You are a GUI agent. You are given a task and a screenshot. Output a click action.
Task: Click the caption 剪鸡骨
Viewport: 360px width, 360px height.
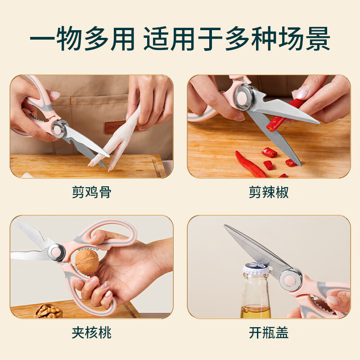pyautogui.click(x=91, y=192)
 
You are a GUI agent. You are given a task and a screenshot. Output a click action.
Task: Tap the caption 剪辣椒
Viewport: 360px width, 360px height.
pyautogui.click(x=269, y=192)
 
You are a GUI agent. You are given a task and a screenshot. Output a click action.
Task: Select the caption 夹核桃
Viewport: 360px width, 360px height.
pyautogui.click(x=91, y=333)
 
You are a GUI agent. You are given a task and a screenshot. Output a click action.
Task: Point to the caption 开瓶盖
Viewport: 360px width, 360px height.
pyautogui.click(x=269, y=333)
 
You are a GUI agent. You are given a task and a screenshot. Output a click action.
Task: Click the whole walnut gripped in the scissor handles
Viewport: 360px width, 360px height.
pyautogui.click(x=87, y=262)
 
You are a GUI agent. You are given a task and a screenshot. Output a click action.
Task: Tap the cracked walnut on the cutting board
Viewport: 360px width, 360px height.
pyautogui.click(x=49, y=311)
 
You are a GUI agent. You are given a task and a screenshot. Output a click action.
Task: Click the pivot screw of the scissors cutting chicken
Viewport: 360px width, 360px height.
pyautogui.click(x=59, y=129)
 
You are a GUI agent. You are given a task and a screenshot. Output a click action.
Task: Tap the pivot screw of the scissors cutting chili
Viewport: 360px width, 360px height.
pyautogui.click(x=243, y=97)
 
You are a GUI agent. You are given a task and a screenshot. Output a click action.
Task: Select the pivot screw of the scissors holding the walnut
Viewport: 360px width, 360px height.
pyautogui.click(x=56, y=252)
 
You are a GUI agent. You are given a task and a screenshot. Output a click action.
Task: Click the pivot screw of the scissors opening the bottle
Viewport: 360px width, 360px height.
pyautogui.click(x=290, y=280)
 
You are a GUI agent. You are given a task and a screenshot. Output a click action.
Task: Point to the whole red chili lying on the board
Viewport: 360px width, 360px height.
pyautogui.click(x=250, y=164)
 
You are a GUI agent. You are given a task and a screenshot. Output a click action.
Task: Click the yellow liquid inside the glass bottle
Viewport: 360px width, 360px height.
pyautogui.click(x=256, y=312)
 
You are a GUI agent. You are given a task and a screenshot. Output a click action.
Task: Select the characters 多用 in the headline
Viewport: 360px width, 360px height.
pyautogui.click(x=109, y=39)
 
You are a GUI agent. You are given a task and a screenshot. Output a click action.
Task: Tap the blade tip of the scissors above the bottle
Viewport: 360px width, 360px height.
pyautogui.click(x=225, y=225)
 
